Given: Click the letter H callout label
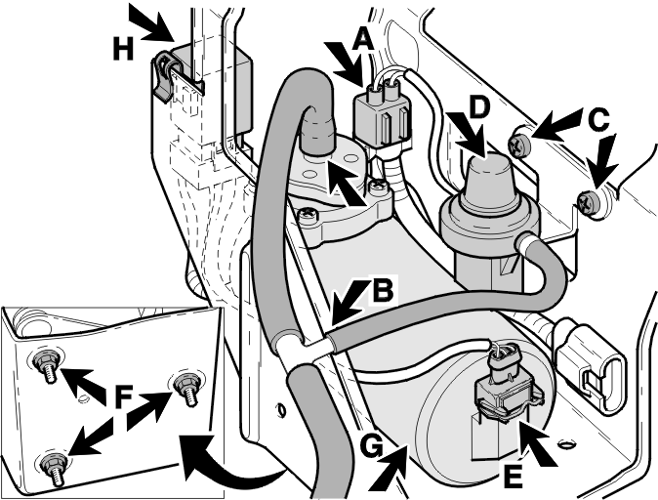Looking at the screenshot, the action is coord(123,48).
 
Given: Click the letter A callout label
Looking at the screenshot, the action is coord(363,40).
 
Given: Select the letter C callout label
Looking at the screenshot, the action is coord(598,119).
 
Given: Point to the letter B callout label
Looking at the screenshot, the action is coord(383,290).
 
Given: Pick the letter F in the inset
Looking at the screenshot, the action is coord(123,397).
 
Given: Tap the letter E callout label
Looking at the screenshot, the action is coord(513,478).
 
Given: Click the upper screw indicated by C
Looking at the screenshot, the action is coord(517,146).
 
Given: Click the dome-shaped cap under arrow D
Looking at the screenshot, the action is coord(487,183).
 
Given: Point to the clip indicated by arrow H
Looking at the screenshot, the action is coord(164,75).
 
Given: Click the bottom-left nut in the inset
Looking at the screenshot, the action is coord(51,467).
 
